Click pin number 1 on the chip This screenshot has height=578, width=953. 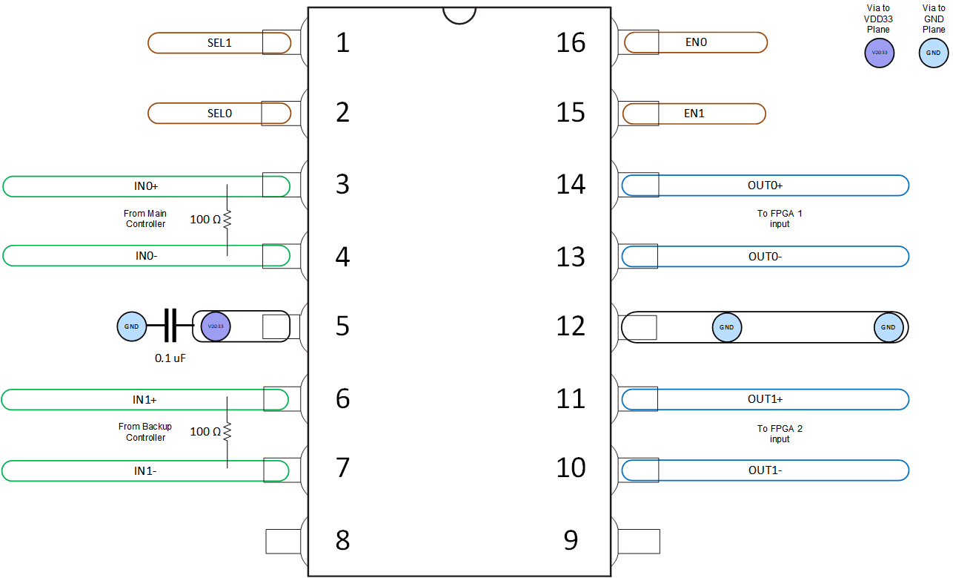click(342, 43)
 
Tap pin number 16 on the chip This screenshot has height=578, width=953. click(571, 43)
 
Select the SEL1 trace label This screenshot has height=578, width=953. click(219, 43)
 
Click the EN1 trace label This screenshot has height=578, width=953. click(694, 114)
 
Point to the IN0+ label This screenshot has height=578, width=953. click(146, 185)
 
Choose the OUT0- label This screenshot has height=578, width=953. click(765, 257)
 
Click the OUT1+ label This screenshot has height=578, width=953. click(765, 399)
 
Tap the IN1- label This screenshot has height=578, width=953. click(145, 470)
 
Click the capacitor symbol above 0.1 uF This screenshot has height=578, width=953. click(170, 326)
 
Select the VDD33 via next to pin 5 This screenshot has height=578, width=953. click(216, 326)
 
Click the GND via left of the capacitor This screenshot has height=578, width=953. click(132, 326)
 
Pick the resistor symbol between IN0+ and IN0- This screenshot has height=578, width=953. click(228, 220)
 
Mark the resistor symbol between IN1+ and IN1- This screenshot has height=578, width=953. click(228, 432)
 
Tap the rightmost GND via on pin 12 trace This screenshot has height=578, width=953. click(889, 327)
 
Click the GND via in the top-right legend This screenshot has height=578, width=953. click(934, 53)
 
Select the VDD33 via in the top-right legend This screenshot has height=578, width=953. click(880, 53)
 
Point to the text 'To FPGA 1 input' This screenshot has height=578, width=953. click(779, 218)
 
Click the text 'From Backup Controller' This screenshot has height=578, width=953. click(145, 432)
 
